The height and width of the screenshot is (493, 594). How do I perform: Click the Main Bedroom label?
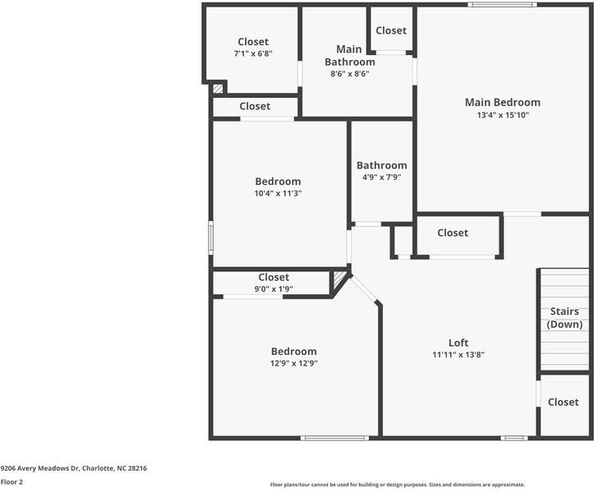503,103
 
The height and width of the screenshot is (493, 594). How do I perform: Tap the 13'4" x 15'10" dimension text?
503,116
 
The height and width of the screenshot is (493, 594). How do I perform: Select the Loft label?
458,343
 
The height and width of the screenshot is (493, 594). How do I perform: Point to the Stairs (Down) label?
564,318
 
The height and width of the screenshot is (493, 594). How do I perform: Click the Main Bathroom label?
350,55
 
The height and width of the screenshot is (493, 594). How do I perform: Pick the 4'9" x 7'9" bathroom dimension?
381,177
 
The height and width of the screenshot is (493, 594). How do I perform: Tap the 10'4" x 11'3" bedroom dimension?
278,194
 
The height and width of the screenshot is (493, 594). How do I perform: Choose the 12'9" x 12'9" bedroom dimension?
294,363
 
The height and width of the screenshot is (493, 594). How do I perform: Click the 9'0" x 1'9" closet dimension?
274,288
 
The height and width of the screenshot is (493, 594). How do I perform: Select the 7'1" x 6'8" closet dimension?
253,53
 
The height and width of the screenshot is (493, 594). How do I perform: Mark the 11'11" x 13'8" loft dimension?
458,355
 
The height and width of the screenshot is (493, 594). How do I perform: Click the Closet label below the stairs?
564,402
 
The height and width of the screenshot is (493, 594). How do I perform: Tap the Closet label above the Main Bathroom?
391,30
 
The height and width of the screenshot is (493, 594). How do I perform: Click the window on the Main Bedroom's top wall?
502,5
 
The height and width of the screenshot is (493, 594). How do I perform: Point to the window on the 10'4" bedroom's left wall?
210,237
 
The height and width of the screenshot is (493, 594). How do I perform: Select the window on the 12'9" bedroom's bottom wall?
334,438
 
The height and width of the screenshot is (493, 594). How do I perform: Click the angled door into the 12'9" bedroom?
365,289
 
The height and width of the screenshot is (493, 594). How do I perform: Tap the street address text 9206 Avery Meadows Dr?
73,468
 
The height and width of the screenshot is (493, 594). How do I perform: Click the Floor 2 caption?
12,482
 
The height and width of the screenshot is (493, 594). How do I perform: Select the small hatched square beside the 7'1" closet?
218,88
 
